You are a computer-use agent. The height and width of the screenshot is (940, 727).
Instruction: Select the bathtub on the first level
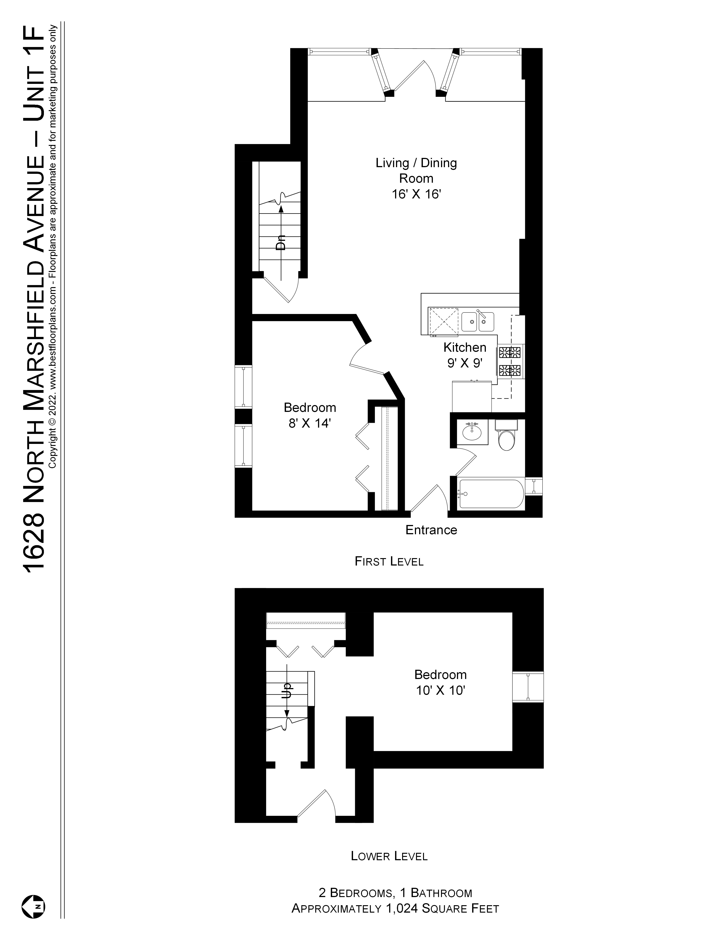click(491, 495)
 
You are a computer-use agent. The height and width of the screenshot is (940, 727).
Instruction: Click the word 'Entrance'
click(431, 530)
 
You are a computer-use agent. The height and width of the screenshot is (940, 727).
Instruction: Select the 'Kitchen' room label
click(465, 347)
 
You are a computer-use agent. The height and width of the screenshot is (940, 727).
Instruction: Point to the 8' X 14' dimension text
click(310, 424)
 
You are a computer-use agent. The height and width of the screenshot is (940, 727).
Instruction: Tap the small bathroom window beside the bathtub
click(534, 486)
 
